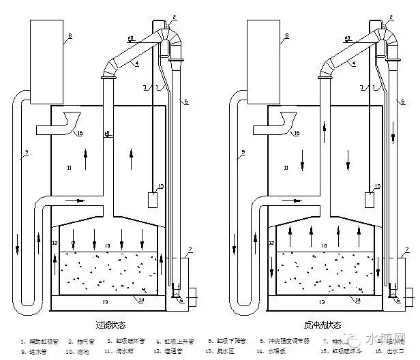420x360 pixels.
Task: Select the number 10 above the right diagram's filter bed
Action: pos(325,244)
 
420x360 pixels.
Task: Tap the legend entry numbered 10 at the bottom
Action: pos(79,352)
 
